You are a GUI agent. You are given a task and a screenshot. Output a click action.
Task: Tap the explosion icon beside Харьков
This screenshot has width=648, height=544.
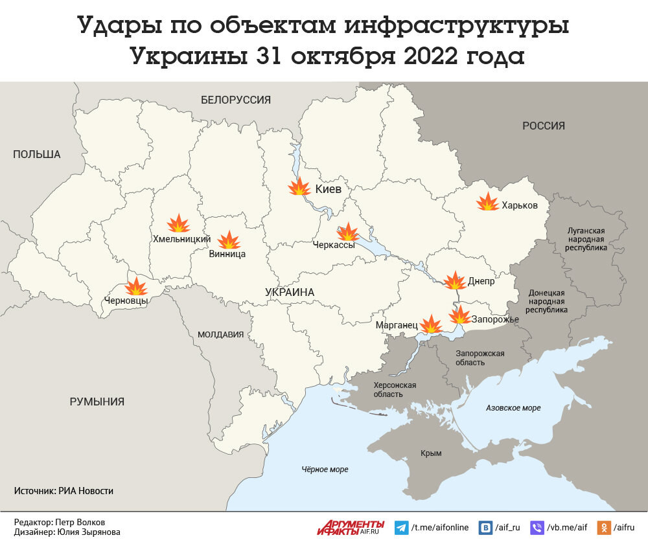[x=487, y=202]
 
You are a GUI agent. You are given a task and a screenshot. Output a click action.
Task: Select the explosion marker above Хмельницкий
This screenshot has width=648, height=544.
[x=178, y=224]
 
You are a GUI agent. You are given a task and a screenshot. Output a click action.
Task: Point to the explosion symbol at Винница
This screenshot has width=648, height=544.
[x=229, y=240]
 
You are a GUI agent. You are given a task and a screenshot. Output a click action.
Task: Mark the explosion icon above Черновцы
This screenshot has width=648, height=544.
[x=136, y=286]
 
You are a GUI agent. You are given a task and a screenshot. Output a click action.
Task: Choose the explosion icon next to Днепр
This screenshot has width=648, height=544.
[x=454, y=280]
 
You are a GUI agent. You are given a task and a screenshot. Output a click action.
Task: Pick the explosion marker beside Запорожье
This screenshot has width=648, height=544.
[x=459, y=315]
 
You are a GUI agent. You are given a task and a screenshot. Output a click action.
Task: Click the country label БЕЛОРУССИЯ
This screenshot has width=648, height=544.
[x=235, y=100]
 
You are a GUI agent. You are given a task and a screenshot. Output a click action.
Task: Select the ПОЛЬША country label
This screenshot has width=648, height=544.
[x=36, y=154]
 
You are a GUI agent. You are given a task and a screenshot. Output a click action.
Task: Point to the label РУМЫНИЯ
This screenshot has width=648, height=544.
[x=97, y=402]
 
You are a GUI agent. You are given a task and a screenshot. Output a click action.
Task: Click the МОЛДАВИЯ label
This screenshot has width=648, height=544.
[x=220, y=335]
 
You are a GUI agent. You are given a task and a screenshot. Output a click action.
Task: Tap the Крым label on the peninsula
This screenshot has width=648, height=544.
[x=431, y=454]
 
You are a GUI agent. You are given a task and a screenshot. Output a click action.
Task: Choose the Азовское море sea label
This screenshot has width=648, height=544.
[x=513, y=408]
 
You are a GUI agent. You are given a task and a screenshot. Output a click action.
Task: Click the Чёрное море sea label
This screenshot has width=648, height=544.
[x=325, y=470]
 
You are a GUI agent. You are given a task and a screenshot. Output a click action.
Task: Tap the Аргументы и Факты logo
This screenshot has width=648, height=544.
[x=351, y=527]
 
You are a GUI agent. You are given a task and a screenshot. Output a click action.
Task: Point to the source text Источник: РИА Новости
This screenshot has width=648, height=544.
[x=64, y=491]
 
